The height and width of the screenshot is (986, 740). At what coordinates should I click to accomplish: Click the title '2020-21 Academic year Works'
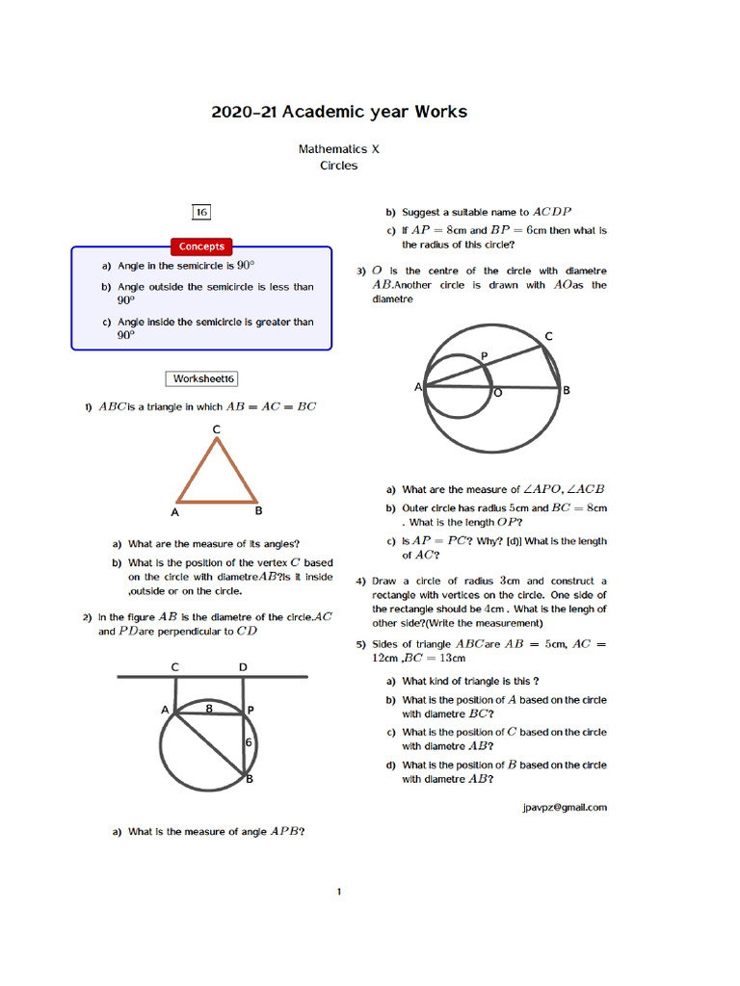tap(339, 112)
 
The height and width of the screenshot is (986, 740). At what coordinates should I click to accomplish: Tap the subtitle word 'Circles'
tap(339, 166)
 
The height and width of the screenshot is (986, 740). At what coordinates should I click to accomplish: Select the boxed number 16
tap(201, 212)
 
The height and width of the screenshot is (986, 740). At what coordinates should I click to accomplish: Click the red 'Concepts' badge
tap(201, 246)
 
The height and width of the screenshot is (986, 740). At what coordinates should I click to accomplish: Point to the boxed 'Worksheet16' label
tap(203, 378)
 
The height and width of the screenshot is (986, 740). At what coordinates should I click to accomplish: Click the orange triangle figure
tap(217, 472)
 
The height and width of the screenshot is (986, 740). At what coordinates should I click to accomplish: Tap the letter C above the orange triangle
tap(217, 428)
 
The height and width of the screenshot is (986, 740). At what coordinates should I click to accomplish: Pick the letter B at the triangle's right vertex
tap(259, 510)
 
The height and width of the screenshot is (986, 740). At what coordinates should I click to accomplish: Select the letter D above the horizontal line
tap(243, 666)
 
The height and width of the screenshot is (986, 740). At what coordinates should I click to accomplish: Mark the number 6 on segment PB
tap(248, 742)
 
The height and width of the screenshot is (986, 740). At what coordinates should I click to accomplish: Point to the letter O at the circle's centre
tap(497, 394)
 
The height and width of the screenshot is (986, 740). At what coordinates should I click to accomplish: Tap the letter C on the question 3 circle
tap(549, 336)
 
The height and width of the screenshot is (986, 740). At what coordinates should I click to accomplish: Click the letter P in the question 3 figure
tap(484, 356)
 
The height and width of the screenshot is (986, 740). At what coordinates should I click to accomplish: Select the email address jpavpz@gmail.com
tap(564, 807)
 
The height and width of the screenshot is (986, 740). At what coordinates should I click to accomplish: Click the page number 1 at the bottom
tap(339, 892)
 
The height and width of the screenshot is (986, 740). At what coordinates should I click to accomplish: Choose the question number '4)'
tap(360, 582)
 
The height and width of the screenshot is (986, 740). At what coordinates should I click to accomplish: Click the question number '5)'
tap(360, 644)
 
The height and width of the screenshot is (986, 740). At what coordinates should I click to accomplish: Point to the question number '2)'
tap(87, 617)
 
